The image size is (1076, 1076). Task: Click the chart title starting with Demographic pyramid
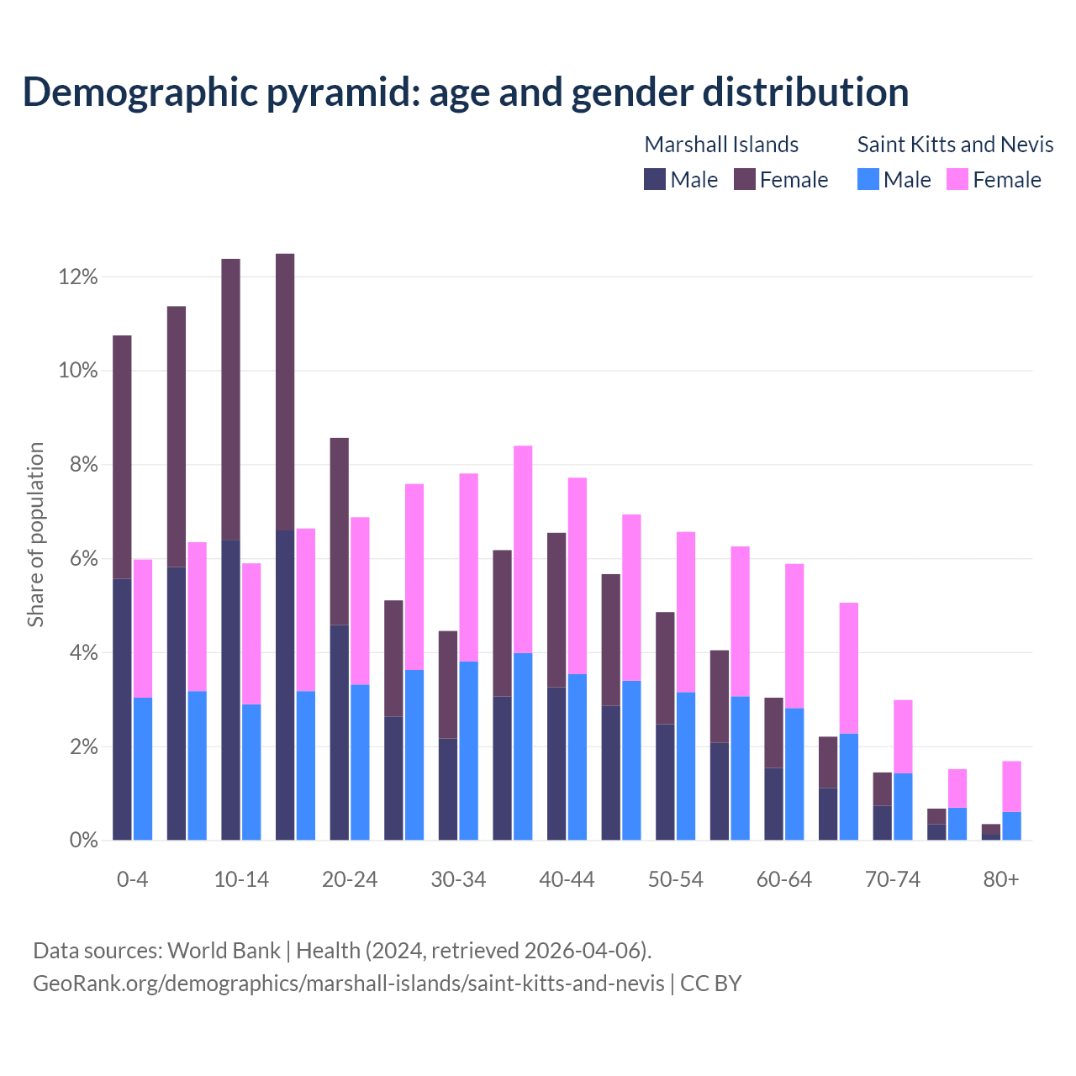click(x=465, y=92)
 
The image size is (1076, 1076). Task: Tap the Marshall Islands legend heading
click(x=721, y=145)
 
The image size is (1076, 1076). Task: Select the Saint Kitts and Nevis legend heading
click(x=955, y=145)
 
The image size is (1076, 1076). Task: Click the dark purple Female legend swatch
click(x=744, y=180)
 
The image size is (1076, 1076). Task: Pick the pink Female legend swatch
click(x=957, y=180)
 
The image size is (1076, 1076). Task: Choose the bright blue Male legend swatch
click(x=868, y=180)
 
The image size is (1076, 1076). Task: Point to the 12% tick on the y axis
click(x=78, y=277)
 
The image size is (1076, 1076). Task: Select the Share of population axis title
click(x=35, y=535)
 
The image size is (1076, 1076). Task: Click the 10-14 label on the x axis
click(x=241, y=879)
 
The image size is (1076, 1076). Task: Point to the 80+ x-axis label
click(x=1001, y=879)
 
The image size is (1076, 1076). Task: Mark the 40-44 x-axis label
click(x=567, y=879)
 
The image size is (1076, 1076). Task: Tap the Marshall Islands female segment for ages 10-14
click(x=230, y=399)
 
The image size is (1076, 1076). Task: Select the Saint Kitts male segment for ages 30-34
click(x=469, y=751)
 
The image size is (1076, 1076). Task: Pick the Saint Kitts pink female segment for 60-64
click(x=794, y=636)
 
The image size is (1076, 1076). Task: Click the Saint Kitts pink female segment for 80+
click(x=1011, y=786)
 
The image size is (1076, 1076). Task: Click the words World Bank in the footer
click(x=224, y=951)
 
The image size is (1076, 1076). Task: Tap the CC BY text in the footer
click(x=710, y=984)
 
